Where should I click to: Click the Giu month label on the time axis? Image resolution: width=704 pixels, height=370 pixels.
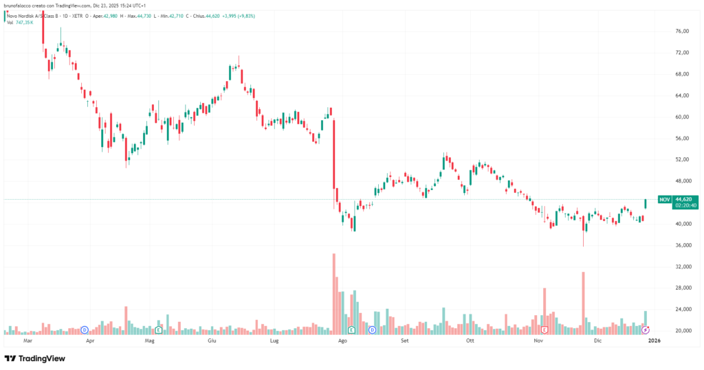212,340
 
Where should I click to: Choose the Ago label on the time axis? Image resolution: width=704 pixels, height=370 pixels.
342,340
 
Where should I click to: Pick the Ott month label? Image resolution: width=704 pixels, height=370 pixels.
470,340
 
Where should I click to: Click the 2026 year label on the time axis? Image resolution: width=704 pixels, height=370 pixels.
654,340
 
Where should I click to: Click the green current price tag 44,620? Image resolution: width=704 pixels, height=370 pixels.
685,200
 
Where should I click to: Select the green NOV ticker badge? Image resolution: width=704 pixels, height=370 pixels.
664,200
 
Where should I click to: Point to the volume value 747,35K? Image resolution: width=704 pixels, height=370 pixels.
25,23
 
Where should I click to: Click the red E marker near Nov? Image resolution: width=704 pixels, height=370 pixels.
544,330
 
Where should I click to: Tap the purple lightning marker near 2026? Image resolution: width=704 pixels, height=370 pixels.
645,330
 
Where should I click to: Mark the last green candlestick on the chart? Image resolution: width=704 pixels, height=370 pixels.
646,203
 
